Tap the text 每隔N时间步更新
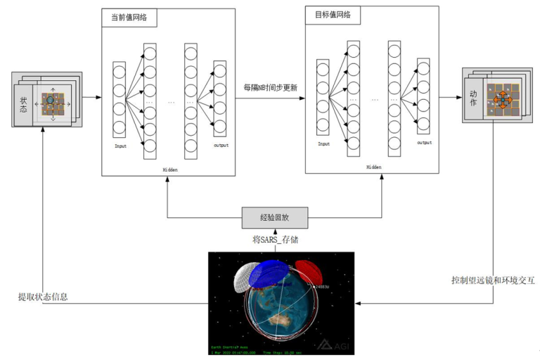tap(270, 88)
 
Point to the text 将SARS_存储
tap(276, 240)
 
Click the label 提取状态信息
tap(43, 297)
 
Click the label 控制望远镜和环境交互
tap(493, 280)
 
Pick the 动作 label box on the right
tap(472, 99)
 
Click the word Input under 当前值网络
tap(120, 146)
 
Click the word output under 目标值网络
tap(423, 143)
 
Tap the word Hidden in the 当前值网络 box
tap(170, 170)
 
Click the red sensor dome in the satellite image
tap(307, 271)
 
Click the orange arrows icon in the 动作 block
tap(503, 101)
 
